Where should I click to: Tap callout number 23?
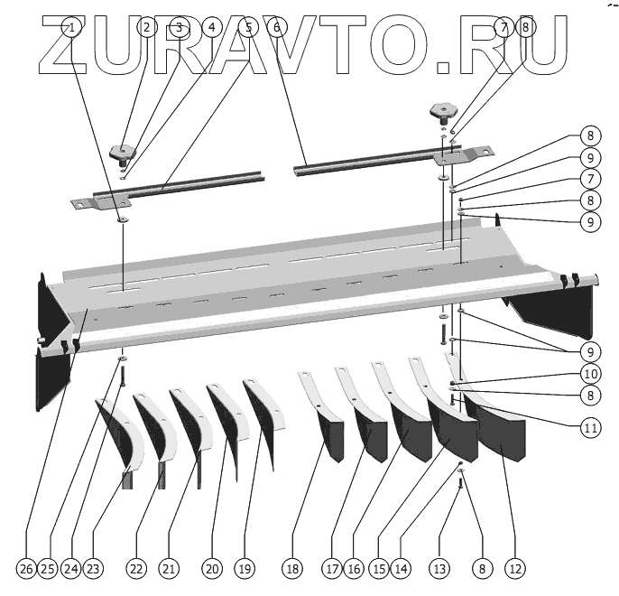pyautogui.click(x=93, y=569)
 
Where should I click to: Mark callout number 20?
pyautogui.click(x=211, y=569)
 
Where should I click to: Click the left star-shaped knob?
pyautogui.click(x=120, y=149)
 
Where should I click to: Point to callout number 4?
pyautogui.click(x=212, y=28)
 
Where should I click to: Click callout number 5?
pyautogui.click(x=248, y=28)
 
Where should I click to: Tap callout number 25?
pyautogui.click(x=50, y=569)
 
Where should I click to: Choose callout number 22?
pyautogui.click(x=135, y=569)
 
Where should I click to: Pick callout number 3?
pyautogui.click(x=179, y=28)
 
